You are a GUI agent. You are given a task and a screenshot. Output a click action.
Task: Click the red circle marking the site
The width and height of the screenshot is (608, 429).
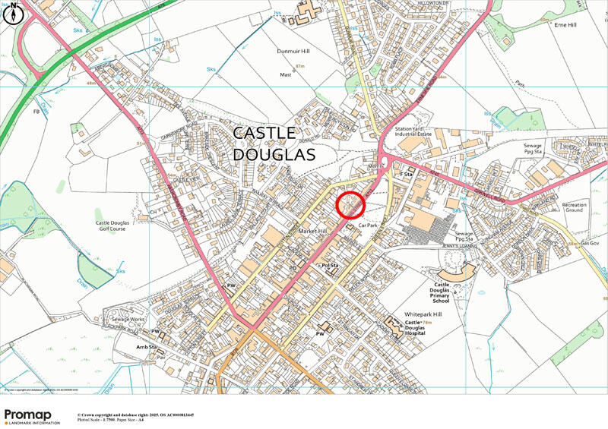(350, 207)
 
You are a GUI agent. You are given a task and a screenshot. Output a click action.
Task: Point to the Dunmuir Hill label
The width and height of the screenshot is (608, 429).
(294, 51)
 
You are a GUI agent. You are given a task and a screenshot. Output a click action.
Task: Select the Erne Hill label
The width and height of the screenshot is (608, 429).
(567, 24)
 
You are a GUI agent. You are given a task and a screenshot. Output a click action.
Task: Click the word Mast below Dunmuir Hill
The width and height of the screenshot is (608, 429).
(286, 75)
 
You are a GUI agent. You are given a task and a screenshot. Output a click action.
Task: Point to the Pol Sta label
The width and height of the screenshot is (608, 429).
(329, 265)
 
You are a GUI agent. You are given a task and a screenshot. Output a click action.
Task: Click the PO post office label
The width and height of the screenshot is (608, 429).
(291, 267)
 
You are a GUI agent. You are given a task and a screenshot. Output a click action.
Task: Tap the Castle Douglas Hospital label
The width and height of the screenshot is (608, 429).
(424, 328)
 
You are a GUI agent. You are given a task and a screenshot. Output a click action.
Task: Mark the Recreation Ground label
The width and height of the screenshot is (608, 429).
(574, 209)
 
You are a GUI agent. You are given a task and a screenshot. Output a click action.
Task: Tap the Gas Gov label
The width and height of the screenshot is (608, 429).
(590, 243)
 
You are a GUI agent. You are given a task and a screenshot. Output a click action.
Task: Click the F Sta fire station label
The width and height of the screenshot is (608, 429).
(405, 174)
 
